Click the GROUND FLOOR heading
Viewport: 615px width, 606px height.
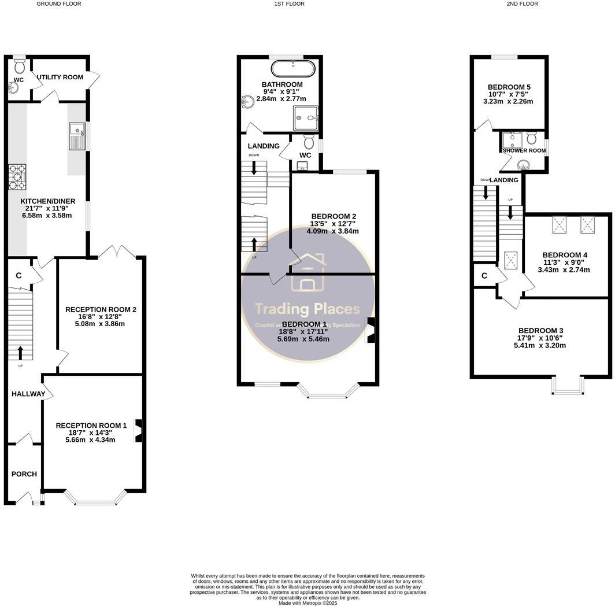coord(58,3)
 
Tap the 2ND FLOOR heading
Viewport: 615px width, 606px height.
coord(522,3)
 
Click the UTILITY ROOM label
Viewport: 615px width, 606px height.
coord(60,77)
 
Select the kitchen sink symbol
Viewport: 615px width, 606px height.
coord(77,136)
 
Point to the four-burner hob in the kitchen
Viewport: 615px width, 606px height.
coord(17,177)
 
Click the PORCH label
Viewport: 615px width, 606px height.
coord(24,474)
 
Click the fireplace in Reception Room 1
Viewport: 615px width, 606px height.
coord(139,431)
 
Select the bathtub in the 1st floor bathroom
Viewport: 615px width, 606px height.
coord(294,69)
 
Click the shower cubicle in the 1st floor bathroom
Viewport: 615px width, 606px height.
coord(306,118)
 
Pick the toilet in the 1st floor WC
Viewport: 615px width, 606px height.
coord(308,141)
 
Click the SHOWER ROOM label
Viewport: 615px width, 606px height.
coord(524,150)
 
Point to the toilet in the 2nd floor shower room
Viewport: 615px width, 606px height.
coord(532,138)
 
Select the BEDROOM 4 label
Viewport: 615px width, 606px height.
coord(565,255)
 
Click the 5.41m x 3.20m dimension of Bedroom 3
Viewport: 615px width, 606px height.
coord(540,346)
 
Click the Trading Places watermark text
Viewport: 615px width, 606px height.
coord(307,309)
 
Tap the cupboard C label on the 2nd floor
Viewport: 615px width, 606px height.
coord(484,276)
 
